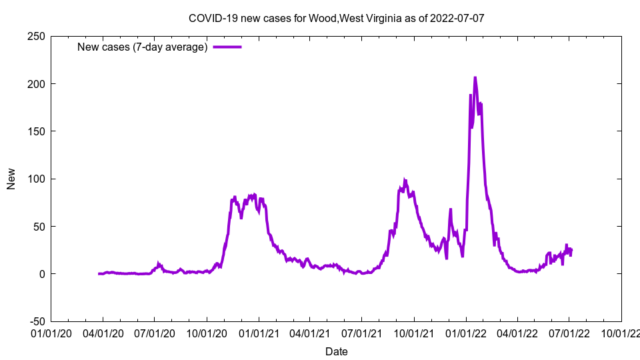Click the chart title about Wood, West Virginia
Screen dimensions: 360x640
tap(336, 18)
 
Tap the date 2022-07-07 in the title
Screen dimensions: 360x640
tap(458, 18)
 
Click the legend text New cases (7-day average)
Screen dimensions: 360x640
tap(143, 47)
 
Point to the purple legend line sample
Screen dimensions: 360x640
tap(227, 47)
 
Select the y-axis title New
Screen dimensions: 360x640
tap(11, 179)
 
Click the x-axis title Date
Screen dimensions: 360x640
tap(336, 351)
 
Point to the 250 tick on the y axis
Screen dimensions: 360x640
tap(36, 37)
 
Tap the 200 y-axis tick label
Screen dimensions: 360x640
tap(36, 84)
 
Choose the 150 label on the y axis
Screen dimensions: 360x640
tap(36, 131)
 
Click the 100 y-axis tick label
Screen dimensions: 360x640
tap(36, 179)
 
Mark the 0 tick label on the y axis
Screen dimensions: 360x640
tap(41, 274)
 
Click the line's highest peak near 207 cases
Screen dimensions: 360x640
tap(475, 78)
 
